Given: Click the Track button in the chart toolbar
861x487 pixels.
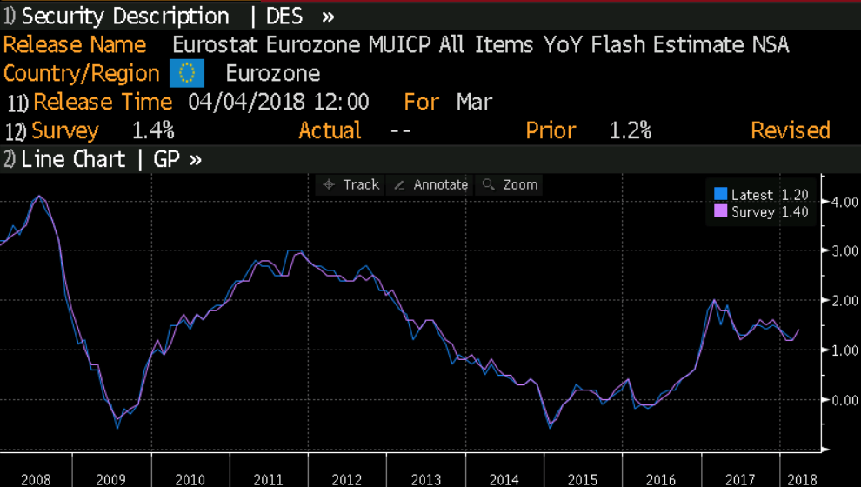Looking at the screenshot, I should [351, 184].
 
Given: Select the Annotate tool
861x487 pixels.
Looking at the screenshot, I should [431, 184].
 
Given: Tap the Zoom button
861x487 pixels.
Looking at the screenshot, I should [511, 184].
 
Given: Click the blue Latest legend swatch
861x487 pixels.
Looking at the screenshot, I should [720, 195].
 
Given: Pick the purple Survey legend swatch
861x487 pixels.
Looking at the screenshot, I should [720, 211].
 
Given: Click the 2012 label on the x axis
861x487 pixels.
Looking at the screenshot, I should [346, 479].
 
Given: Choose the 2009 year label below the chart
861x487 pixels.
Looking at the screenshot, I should [111, 479].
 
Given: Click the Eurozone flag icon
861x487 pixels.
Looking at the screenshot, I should [187, 73].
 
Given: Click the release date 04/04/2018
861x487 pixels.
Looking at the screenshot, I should [246, 102].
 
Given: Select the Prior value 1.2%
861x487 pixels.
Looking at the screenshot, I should [631, 130].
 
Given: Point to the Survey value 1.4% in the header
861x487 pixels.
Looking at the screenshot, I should [153, 130].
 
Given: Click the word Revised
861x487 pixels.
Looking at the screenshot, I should [790, 130].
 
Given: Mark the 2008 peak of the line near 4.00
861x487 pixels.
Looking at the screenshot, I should [38, 197].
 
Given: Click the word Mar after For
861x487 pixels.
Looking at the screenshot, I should [474, 102].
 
